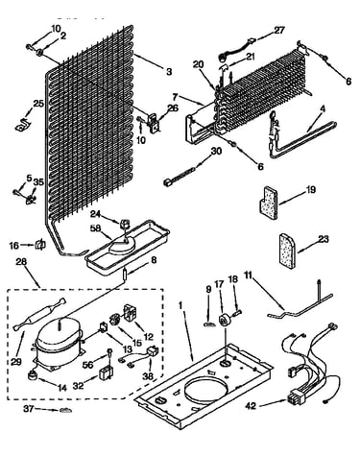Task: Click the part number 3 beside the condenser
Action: (169, 71)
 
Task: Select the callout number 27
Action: (279, 30)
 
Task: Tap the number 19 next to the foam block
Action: (310, 190)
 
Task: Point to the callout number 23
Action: (324, 239)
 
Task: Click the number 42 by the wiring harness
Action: (251, 406)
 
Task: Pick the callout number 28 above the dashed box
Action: (21, 262)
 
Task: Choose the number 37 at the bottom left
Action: (30, 409)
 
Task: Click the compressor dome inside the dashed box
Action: (60, 333)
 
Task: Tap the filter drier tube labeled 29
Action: (39, 315)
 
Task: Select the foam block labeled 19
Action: (268, 203)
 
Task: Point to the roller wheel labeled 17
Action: (227, 320)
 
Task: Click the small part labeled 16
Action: (40, 245)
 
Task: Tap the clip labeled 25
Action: (23, 124)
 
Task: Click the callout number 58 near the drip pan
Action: (96, 228)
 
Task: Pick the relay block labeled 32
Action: (105, 373)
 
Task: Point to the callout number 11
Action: (249, 275)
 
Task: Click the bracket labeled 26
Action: (154, 123)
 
